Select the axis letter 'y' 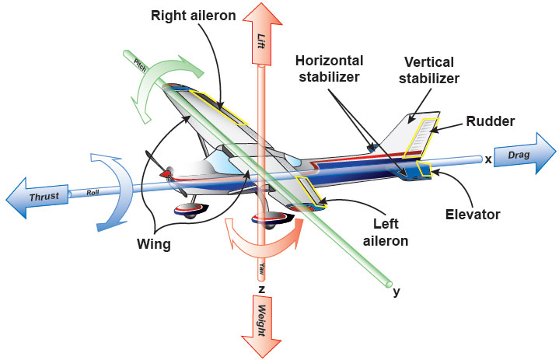397,292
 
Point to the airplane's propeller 162,173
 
